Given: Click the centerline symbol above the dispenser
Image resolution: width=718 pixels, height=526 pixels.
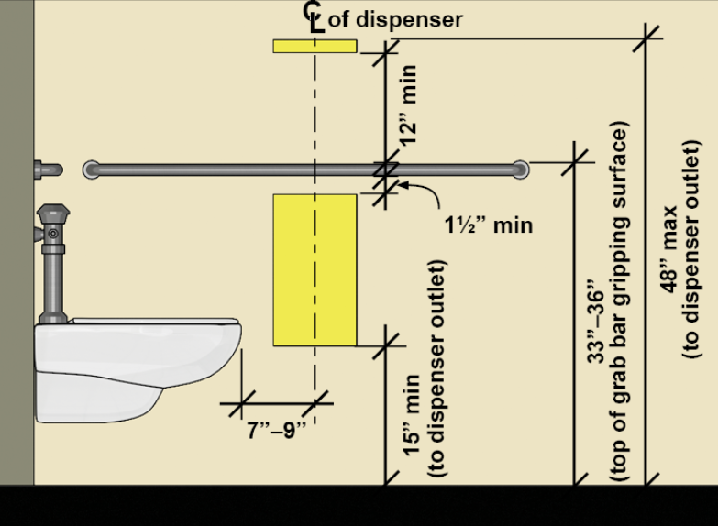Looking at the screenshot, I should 315,16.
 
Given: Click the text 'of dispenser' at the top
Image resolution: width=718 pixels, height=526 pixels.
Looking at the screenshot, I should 395,19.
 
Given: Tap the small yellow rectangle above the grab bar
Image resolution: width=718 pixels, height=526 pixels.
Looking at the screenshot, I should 315,46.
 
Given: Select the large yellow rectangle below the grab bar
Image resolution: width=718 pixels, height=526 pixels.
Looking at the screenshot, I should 315,269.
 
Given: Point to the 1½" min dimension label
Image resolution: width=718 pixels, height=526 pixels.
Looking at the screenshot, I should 488,225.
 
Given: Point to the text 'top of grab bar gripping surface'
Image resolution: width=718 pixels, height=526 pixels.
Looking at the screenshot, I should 620,302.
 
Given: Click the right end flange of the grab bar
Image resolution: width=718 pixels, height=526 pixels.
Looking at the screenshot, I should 520,169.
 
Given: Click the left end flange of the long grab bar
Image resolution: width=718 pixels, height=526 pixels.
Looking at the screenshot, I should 90,169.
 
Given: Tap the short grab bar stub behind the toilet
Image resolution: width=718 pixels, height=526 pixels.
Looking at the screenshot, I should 48,170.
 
